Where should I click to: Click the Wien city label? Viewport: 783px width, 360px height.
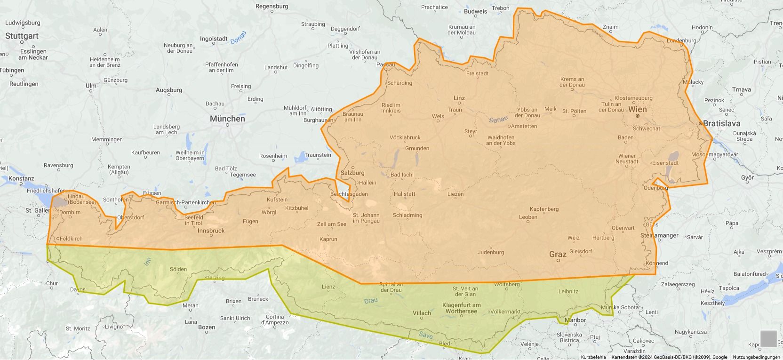tap(638, 109)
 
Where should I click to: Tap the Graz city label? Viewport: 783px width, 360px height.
tap(558, 254)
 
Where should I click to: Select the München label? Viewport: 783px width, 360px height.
tap(227, 119)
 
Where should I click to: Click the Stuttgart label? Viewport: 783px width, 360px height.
tap(22, 36)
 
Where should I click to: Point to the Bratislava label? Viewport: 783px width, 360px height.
tap(722, 123)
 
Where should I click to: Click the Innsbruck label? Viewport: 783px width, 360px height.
tap(211, 231)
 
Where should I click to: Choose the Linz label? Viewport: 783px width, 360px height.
tap(459, 98)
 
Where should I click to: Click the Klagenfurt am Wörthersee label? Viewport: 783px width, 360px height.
tap(461, 308)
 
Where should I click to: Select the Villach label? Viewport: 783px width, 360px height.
tap(422, 313)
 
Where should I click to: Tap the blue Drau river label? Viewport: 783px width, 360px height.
tap(371, 300)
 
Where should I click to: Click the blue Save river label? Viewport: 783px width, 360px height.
tap(425, 335)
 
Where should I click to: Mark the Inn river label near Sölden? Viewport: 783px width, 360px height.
tap(148, 262)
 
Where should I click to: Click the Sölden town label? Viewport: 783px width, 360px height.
tap(178, 269)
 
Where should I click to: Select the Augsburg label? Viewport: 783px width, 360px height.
tap(169, 90)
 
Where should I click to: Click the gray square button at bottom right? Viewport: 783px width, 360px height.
tap(768, 339)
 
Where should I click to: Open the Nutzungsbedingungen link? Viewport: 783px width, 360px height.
tap(756, 357)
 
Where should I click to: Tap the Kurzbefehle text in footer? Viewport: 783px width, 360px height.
tap(593, 357)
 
